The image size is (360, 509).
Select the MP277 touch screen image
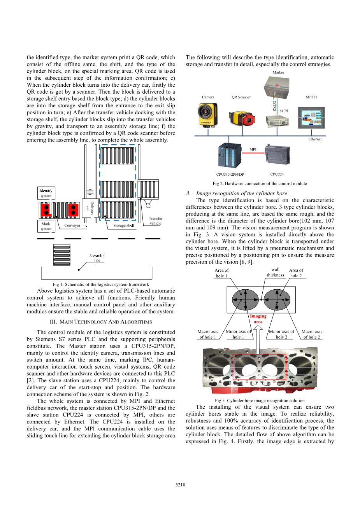[311, 117]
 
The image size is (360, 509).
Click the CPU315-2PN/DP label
[230, 175]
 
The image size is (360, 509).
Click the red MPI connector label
[253, 149]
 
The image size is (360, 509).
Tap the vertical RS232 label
[274, 106]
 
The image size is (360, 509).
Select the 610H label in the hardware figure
[284, 111]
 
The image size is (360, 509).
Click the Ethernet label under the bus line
[315, 139]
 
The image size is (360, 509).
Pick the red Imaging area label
[258, 319]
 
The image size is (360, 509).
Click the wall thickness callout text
[275, 272]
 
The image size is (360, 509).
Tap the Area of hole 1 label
[221, 273]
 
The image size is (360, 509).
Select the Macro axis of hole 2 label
[312, 334]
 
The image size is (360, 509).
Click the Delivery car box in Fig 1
[90, 208]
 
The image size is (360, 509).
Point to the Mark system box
[46, 226]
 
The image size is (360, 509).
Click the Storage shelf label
[124, 226]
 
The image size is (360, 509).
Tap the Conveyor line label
[76, 226]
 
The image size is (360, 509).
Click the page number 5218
[180, 485]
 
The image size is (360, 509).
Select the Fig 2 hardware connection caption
[260, 184]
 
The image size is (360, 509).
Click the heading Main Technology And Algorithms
[101, 322]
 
